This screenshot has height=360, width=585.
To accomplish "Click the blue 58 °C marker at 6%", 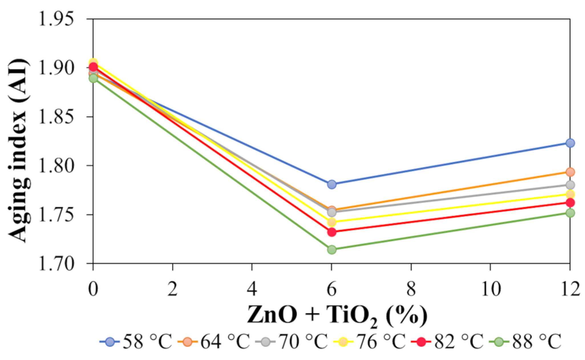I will point(331,184).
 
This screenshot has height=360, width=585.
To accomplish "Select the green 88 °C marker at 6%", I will point(331,250).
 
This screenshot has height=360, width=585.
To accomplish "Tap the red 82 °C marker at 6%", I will point(331,232).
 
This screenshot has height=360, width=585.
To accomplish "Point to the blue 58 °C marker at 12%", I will point(570,143).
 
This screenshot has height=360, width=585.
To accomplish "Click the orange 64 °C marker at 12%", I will point(570,172).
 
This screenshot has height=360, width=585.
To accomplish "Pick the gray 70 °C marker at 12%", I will point(570,185).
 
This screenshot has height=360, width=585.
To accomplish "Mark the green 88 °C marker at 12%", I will point(570,213).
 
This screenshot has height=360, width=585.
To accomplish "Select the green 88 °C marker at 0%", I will point(93,78).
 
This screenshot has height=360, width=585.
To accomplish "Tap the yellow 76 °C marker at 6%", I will point(331,222).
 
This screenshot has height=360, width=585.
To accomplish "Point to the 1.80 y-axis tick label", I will point(55,165).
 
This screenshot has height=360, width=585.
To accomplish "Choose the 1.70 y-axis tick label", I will point(55,263).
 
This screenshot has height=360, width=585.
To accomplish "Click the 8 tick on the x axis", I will point(411,289).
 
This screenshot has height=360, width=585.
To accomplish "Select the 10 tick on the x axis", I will point(490,289).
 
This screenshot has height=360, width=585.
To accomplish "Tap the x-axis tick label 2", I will point(173,289).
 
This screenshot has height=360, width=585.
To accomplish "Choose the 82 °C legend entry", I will point(448,341).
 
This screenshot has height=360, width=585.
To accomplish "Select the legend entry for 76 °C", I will point(370,341).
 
